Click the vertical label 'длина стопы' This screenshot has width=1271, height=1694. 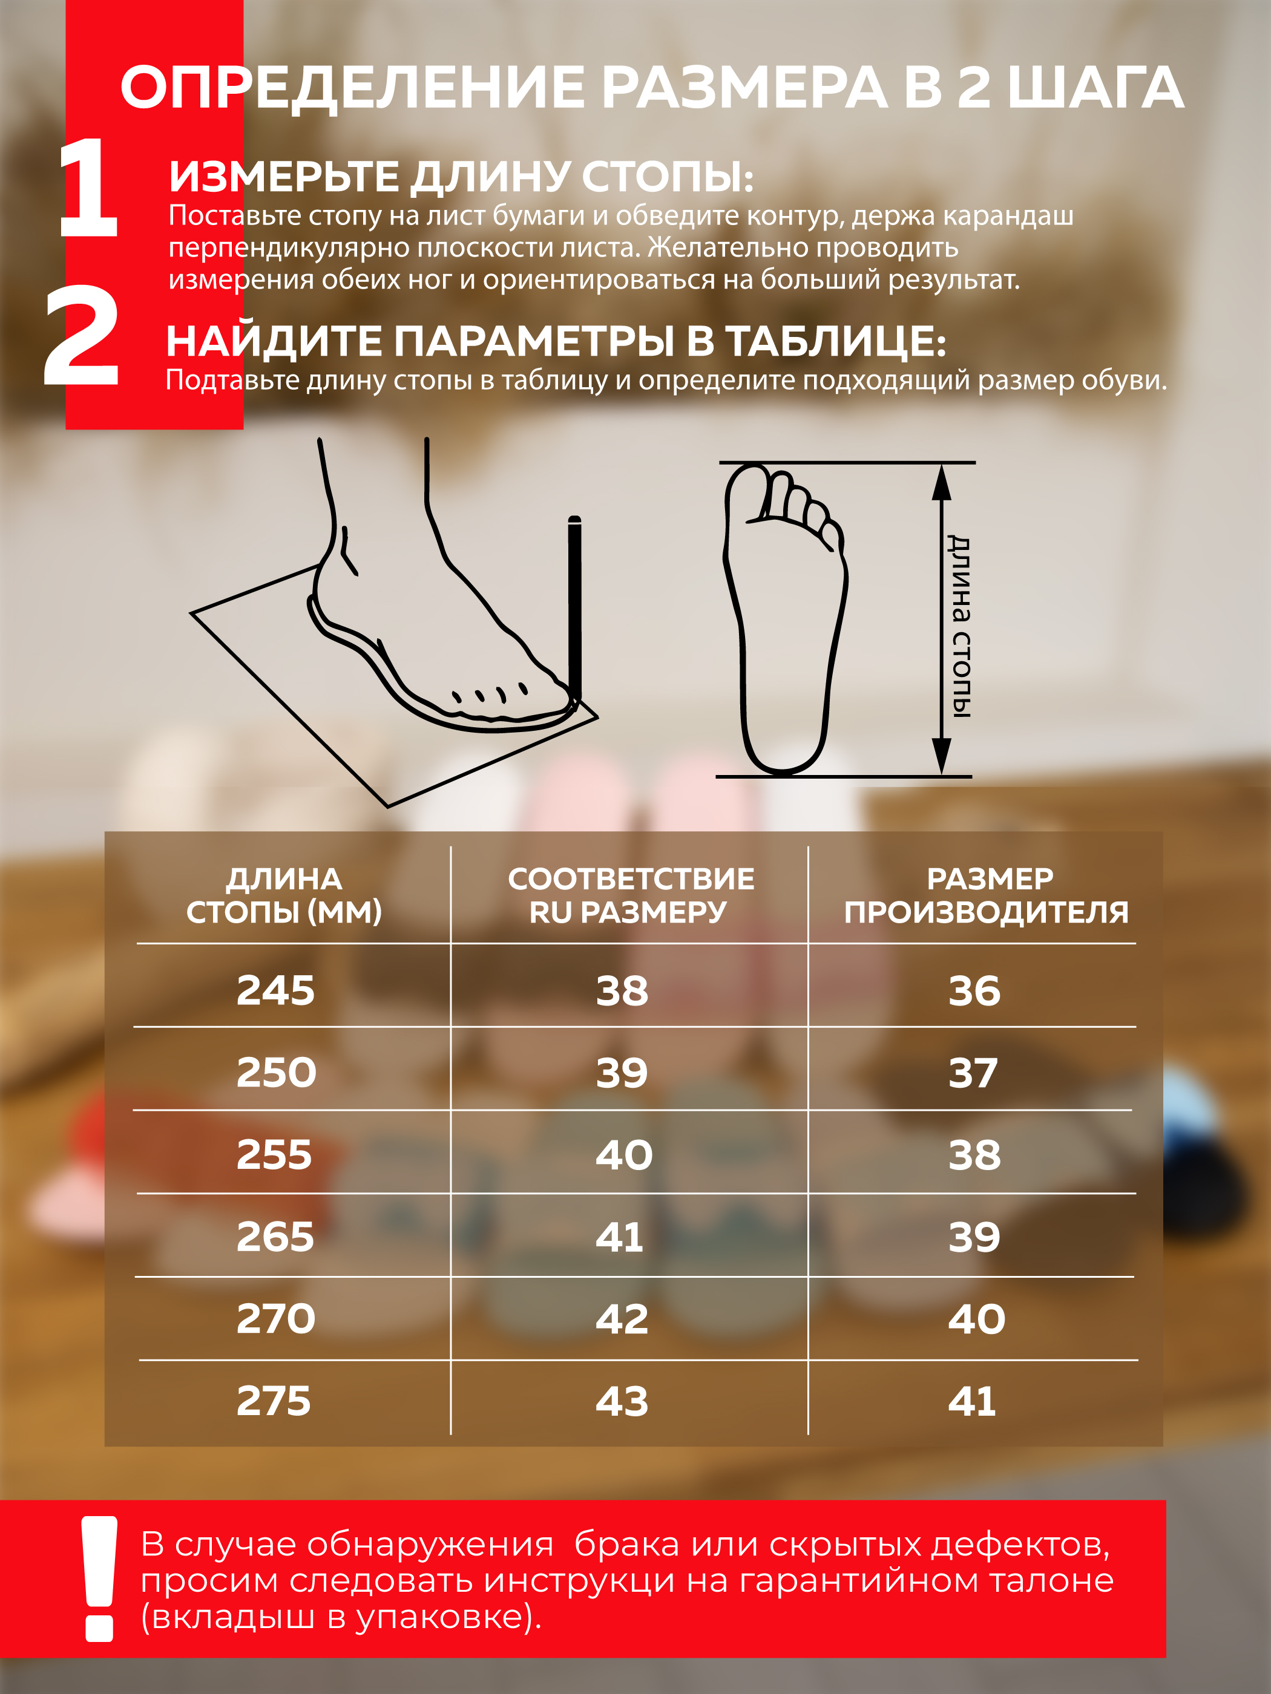959,626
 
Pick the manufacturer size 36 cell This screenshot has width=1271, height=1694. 974,990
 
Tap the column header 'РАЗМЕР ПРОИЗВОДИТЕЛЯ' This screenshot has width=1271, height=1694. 987,895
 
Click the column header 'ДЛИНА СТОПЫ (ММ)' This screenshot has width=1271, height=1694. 284,895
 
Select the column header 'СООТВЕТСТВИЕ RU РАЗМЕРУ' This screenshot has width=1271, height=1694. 631,895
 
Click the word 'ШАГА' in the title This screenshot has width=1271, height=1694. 1095,87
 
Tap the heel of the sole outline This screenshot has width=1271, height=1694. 783,747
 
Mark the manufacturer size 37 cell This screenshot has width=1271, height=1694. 973,1073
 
